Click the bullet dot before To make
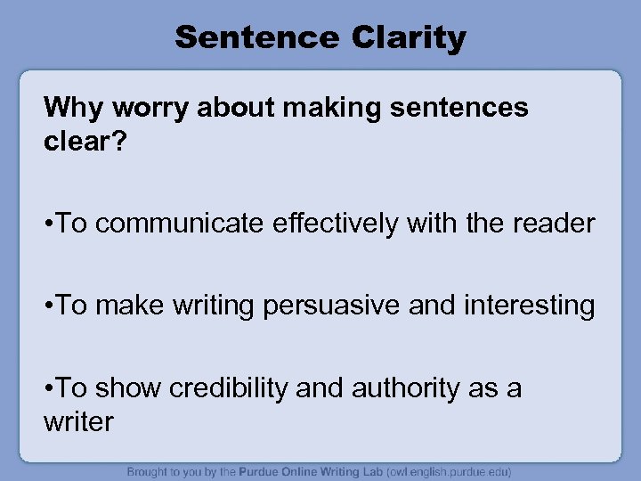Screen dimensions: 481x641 pos(50,306)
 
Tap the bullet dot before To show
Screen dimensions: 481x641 pos(50,388)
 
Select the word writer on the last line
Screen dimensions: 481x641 pos(78,420)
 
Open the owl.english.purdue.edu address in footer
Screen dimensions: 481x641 pos(442,471)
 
